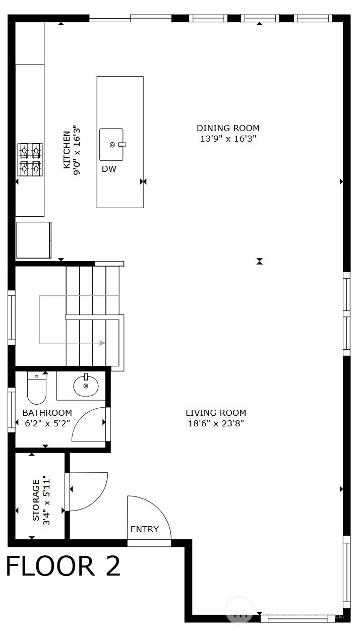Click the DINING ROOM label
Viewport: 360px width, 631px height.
(228, 128)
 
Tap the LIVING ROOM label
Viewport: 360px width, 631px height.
(216, 413)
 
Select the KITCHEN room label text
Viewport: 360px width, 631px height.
(67, 150)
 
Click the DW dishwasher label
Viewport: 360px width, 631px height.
(109, 169)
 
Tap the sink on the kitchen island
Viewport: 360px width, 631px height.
(112, 144)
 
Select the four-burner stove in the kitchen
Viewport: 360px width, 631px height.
(30, 159)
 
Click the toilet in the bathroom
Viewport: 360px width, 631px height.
(36, 389)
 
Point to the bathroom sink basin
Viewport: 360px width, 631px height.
(86, 386)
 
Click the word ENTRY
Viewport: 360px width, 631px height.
(145, 529)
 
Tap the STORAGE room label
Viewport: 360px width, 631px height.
(36, 500)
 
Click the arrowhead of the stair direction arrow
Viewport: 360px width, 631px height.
(102, 343)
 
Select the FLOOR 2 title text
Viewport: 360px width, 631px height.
(63, 566)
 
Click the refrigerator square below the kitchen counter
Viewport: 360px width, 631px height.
(33, 240)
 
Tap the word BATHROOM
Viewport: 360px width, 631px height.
(47, 413)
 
